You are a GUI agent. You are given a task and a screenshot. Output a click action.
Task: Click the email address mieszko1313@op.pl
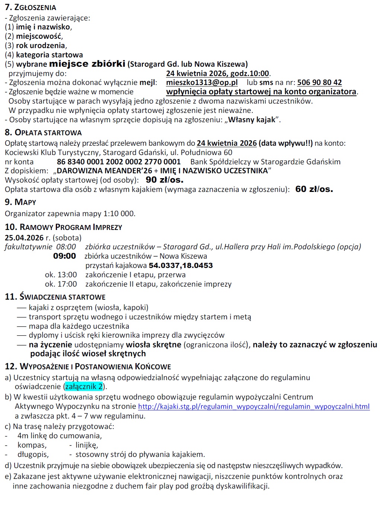[x=202, y=82]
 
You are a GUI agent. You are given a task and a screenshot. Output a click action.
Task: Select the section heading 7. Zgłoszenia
[x=31, y=7]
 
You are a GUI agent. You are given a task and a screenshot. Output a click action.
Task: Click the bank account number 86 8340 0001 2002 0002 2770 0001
[x=119, y=162]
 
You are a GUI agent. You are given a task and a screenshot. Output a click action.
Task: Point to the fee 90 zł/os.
[x=165, y=180]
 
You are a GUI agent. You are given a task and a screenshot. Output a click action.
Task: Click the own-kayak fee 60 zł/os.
[x=314, y=189]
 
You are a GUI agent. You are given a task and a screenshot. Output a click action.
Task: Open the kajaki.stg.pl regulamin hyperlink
[x=254, y=406]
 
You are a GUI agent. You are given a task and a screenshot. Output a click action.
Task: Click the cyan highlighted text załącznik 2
[x=84, y=386]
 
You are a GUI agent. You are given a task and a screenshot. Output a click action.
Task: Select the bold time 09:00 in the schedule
[x=64, y=256]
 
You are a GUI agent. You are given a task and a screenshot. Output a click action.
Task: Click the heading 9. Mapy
[x=20, y=202]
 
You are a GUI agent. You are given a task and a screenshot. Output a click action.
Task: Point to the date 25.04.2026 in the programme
[x=24, y=238]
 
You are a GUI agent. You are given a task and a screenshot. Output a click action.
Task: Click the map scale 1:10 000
[x=119, y=214]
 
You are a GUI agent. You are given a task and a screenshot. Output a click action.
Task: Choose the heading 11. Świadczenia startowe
[x=55, y=297]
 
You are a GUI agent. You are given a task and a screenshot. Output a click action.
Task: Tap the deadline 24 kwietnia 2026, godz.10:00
[x=217, y=73]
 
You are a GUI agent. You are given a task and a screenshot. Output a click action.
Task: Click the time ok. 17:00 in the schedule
[x=61, y=284]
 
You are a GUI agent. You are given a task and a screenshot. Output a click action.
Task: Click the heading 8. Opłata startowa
[x=43, y=132]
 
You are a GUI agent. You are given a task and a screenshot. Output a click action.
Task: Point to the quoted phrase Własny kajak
[x=252, y=120]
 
